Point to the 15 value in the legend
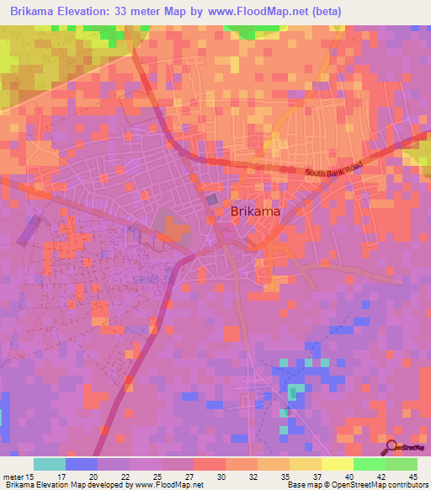pyautogui.click(x=32, y=477)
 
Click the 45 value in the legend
pyautogui.click(x=412, y=477)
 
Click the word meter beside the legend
pyautogui.click(x=13, y=477)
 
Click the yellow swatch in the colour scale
pyautogui.click(x=337, y=464)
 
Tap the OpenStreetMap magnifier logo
pyautogui.click(x=392, y=447)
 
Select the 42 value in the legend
pyautogui.click(x=380, y=477)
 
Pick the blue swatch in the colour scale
pyautogui.click(x=81, y=464)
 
